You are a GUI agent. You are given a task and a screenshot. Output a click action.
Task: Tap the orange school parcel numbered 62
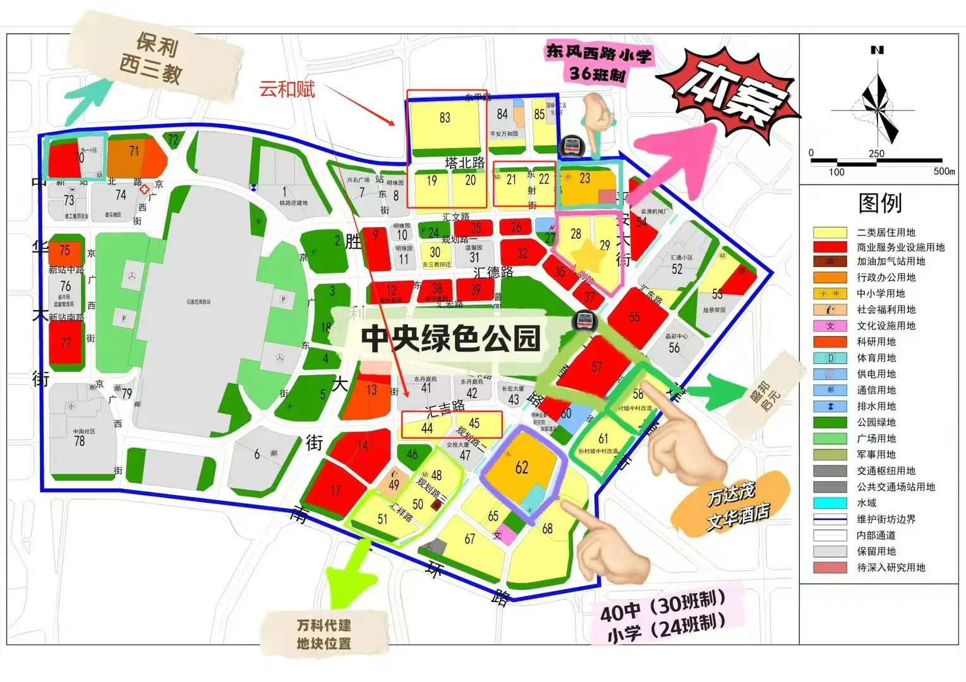(x=522, y=469)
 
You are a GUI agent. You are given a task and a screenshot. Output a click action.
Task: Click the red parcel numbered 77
(x=66, y=344)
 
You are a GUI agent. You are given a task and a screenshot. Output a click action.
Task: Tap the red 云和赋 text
(x=287, y=90)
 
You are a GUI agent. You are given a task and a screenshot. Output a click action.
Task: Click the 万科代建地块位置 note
(x=324, y=634)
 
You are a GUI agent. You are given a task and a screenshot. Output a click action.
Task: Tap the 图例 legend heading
(x=879, y=203)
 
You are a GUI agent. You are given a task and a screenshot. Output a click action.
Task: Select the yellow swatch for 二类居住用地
(x=830, y=232)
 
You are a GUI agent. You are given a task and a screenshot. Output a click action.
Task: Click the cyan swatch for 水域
(x=830, y=503)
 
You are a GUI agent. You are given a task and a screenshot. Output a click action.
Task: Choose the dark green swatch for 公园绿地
(x=830, y=422)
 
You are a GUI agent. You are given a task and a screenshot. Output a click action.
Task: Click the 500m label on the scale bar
(x=944, y=171)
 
